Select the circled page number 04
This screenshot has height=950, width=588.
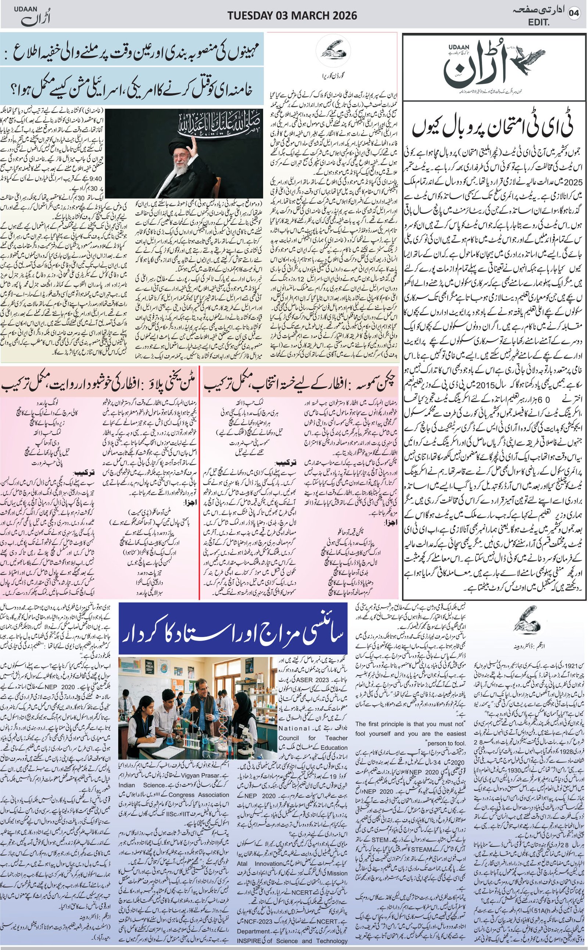click(574, 13)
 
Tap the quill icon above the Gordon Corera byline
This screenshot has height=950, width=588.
click(333, 51)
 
